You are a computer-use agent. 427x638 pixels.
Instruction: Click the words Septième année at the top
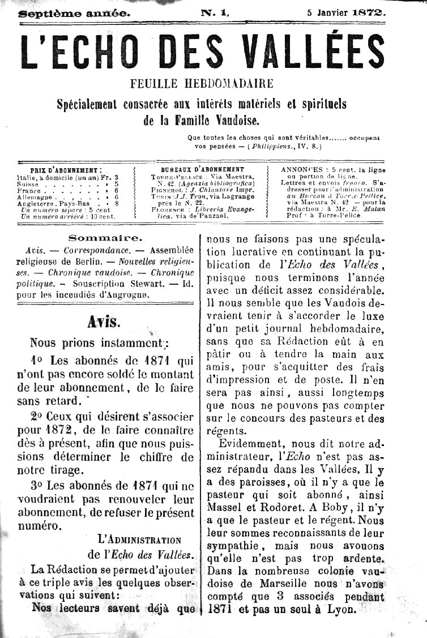74,12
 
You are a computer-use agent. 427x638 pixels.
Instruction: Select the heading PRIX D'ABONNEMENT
66,169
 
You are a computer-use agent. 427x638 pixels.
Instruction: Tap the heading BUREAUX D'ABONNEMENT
202,169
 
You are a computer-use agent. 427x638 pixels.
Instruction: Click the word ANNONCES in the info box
300,169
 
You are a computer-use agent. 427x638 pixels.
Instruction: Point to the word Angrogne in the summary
130,294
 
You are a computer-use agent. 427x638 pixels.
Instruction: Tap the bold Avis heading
104,322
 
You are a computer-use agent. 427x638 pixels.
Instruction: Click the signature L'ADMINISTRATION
139,540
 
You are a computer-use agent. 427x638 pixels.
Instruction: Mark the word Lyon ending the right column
344,610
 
